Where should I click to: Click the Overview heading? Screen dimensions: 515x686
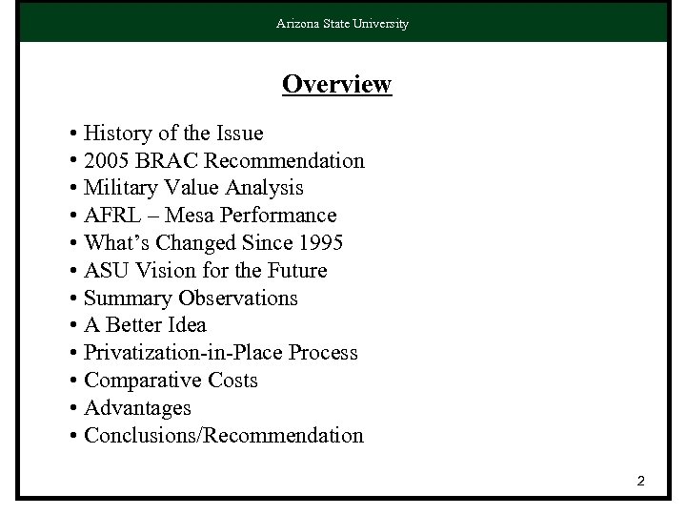pos(336,84)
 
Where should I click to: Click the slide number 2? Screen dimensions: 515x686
pos(641,482)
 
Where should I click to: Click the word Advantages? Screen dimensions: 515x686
pos(137,408)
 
